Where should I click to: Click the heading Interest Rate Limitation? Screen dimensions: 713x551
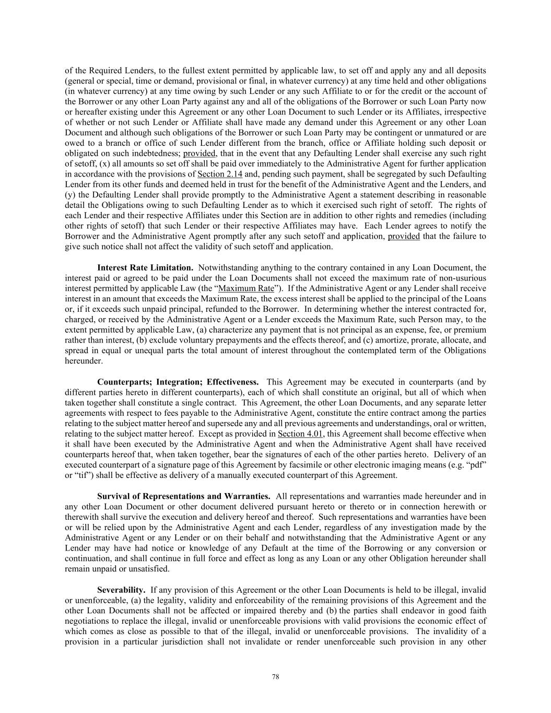145,267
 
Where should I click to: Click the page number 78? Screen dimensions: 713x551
276,677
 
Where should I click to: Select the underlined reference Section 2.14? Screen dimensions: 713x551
219,174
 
